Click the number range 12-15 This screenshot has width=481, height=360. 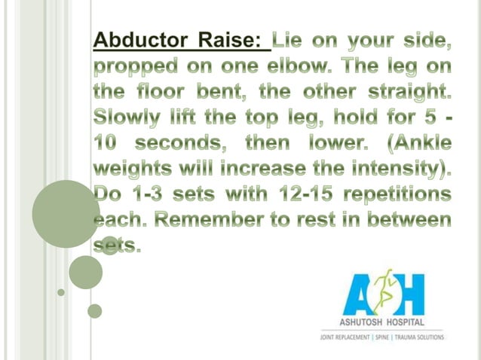point(296,194)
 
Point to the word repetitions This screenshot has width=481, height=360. point(399,194)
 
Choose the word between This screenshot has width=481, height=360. point(408,220)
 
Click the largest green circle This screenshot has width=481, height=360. point(65,212)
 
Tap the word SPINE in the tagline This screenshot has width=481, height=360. point(392,338)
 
